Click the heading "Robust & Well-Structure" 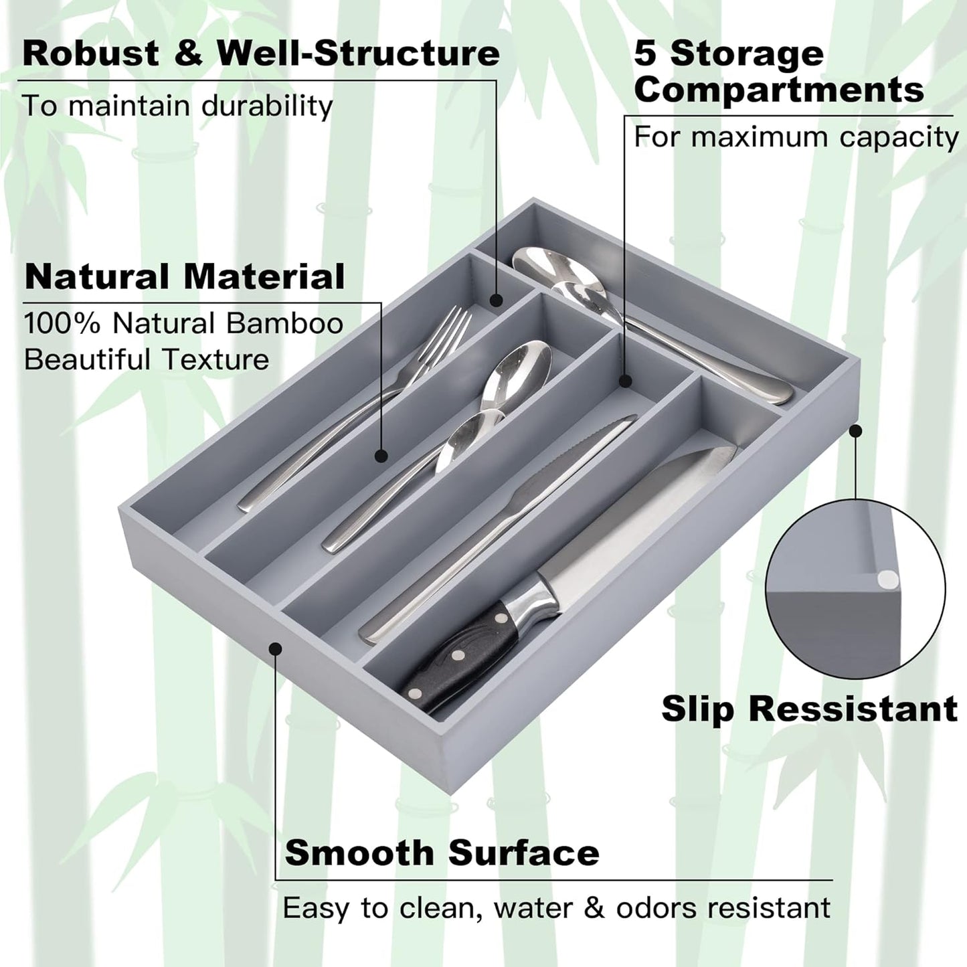[x=261, y=54]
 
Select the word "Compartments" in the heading [x=779, y=89]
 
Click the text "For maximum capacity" [x=796, y=137]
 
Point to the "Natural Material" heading [x=185, y=276]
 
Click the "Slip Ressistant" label [x=809, y=709]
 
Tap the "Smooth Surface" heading [x=442, y=853]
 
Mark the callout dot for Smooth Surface [x=275, y=648]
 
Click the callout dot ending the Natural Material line [x=381, y=456]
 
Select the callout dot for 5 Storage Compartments [x=625, y=381]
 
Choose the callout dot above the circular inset [x=855, y=432]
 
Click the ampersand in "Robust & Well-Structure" [x=189, y=54]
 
